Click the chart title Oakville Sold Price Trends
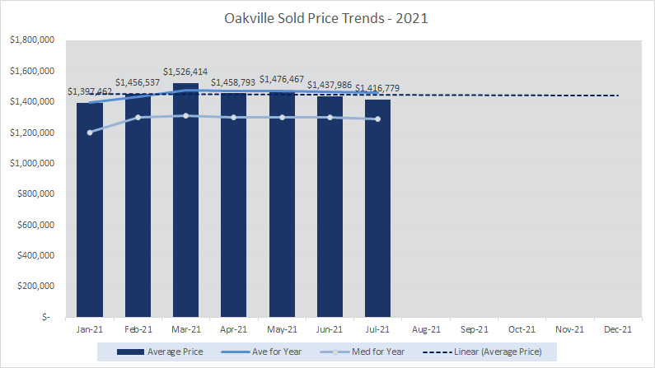327,17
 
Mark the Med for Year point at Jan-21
90,133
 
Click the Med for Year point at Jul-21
378,119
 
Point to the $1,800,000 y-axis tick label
31,40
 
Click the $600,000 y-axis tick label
35,225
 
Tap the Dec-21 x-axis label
618,329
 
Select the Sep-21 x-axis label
474,329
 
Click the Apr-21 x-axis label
233,329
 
